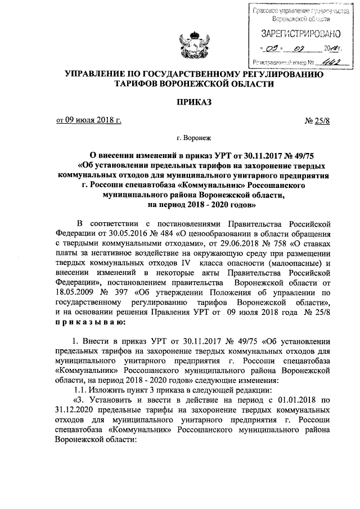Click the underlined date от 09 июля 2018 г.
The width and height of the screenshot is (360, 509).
pyautogui.click(x=88, y=120)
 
